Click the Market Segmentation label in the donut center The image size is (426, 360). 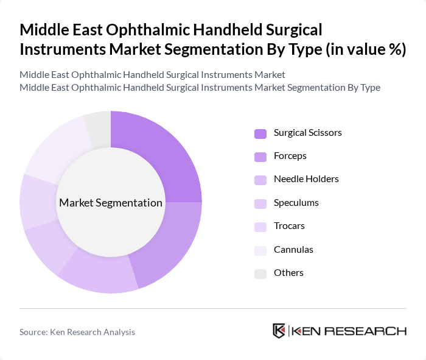(x=111, y=203)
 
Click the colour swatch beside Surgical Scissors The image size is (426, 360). (x=260, y=133)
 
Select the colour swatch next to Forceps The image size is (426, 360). (x=260, y=157)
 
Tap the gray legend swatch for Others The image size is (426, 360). (x=260, y=274)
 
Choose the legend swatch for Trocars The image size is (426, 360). (x=260, y=227)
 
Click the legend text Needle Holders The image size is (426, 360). (x=306, y=179)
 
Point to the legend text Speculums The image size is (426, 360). (x=296, y=203)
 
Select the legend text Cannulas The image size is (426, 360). (x=293, y=250)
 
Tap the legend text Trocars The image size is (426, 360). (x=289, y=226)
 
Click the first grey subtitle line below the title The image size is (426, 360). (x=152, y=75)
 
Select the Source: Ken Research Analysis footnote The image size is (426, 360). (x=77, y=332)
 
